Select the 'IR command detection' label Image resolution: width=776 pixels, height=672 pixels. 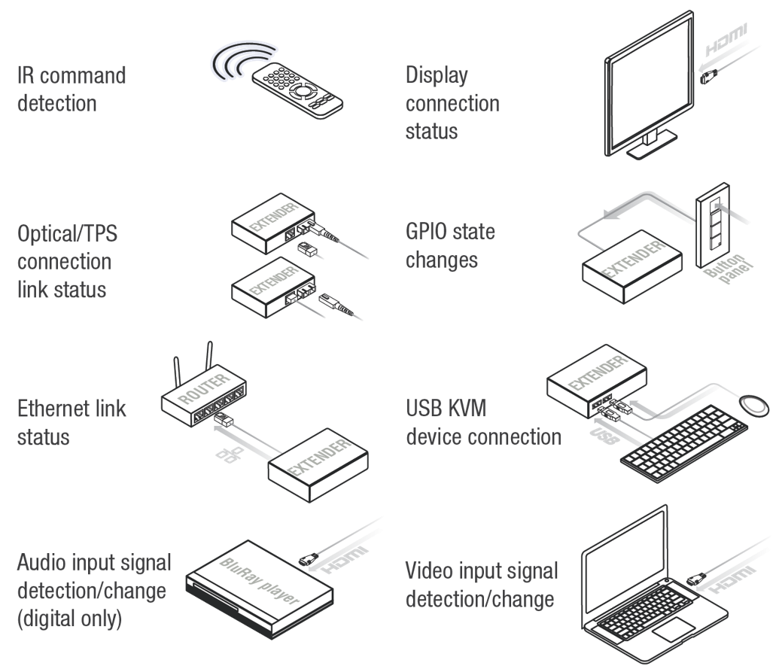pos(72,89)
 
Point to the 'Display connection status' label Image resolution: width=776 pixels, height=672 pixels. pos(452,103)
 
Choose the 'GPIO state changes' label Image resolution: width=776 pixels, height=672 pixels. pos(450,245)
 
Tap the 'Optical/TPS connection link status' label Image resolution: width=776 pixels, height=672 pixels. pos(68,261)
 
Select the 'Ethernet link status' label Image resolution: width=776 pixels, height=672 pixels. pos(72,422)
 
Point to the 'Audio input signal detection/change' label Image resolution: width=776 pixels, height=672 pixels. pos(94,591)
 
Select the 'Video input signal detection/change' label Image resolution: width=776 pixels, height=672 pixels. pos(482,585)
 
